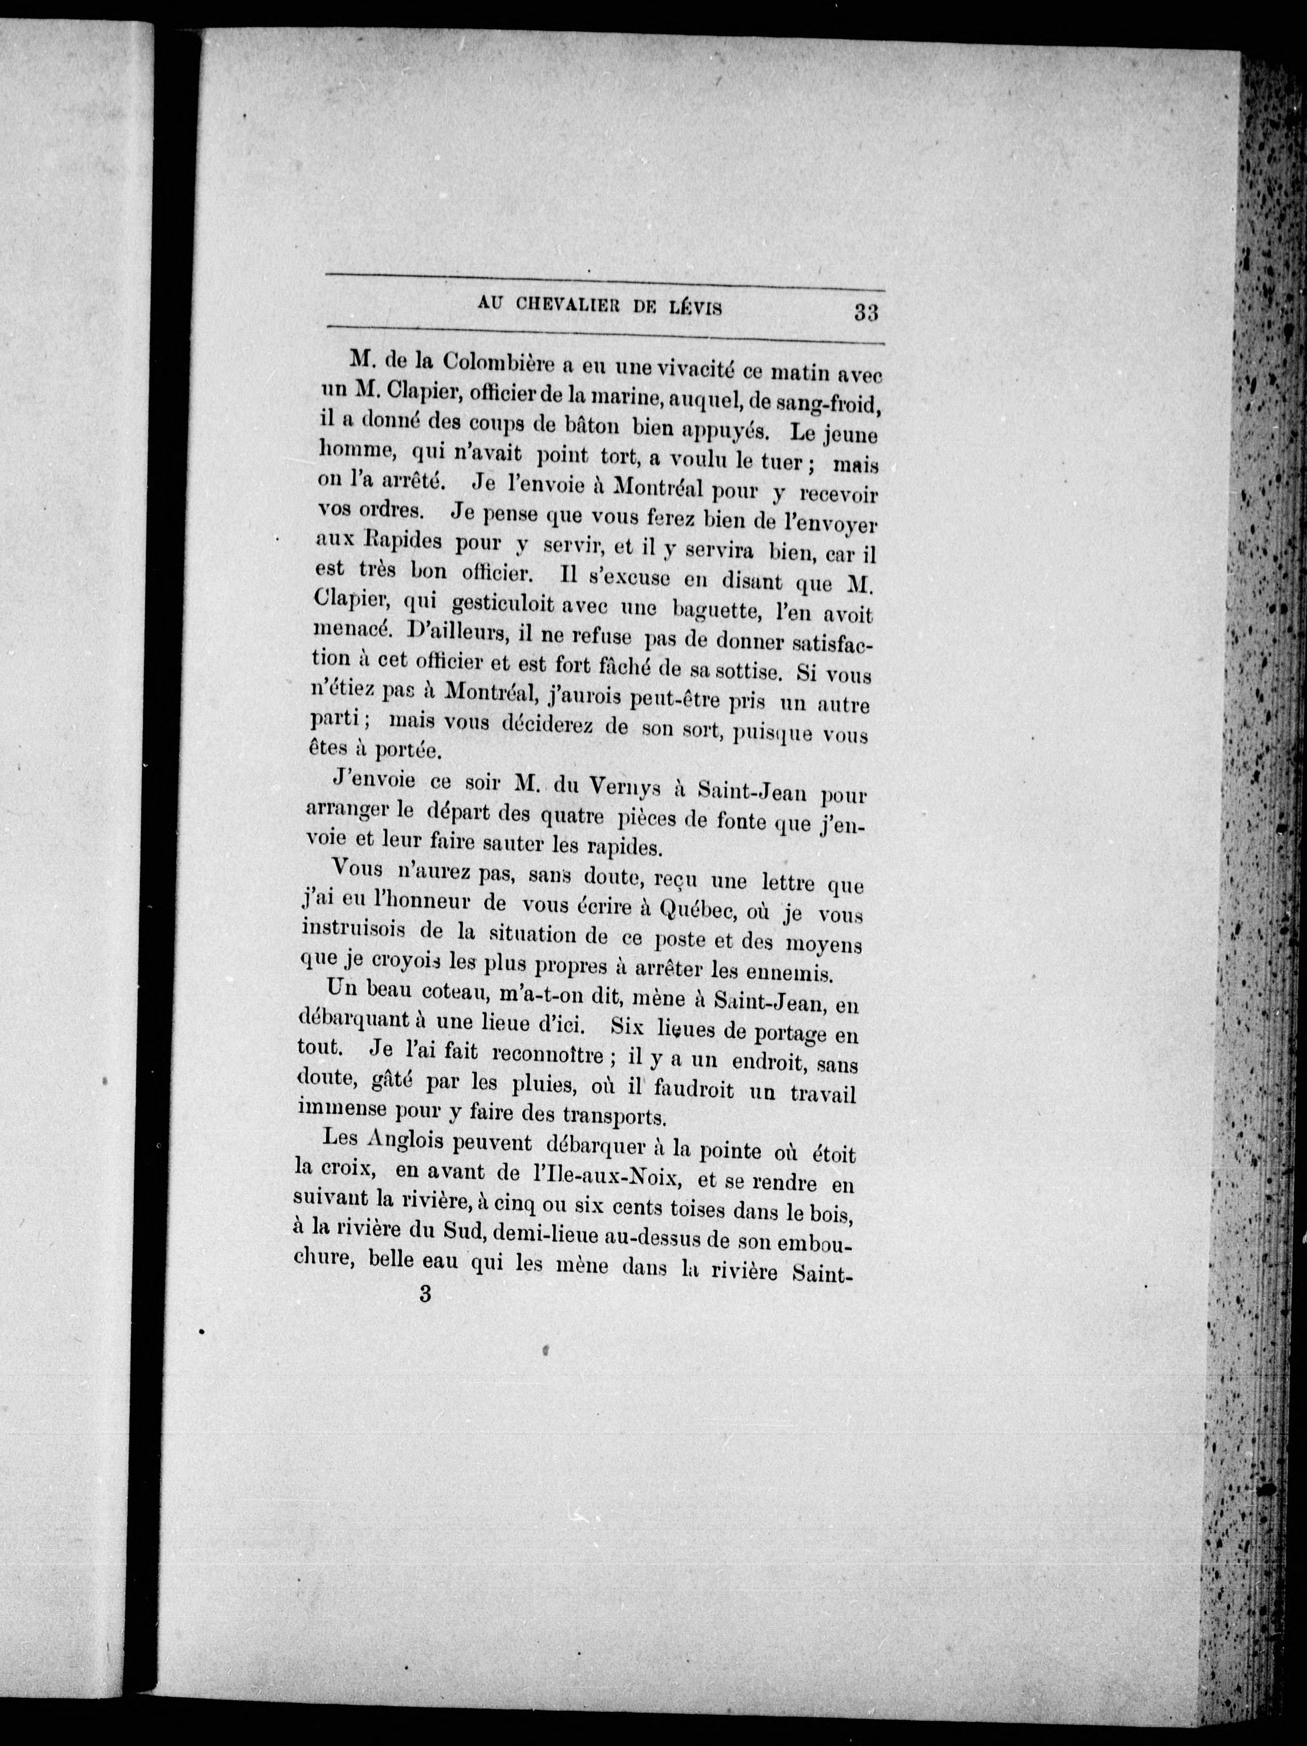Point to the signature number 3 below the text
pyautogui.click(x=426, y=1295)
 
